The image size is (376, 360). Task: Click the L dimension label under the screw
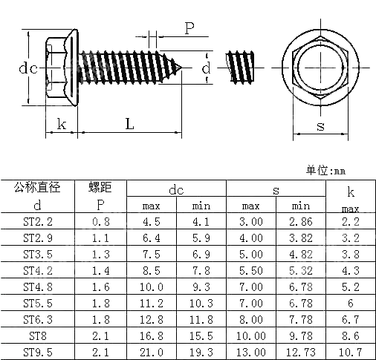point(129,125)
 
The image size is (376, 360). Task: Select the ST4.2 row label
point(38,270)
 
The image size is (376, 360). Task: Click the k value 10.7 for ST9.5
point(351,351)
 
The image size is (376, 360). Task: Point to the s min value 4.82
point(301,254)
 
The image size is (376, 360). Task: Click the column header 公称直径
point(37,187)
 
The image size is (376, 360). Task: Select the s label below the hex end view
point(320,126)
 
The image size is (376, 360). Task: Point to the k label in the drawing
point(62,125)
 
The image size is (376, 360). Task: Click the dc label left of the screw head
point(27,68)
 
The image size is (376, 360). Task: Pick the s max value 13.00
point(251,351)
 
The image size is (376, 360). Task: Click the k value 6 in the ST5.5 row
point(351,303)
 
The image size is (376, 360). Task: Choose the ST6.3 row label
point(38,319)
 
